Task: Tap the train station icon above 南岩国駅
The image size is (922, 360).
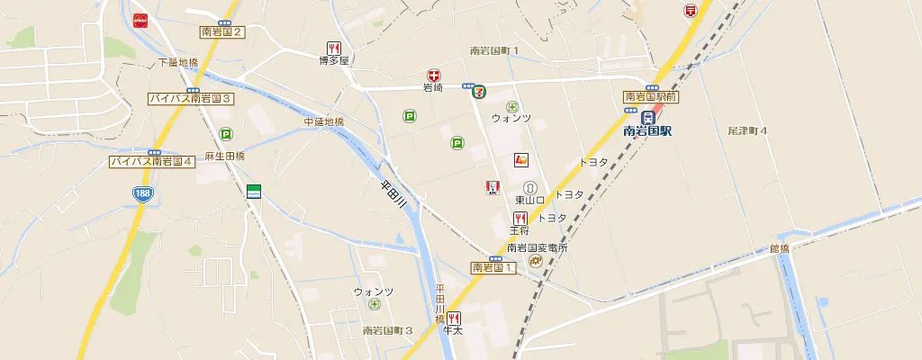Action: [647, 117]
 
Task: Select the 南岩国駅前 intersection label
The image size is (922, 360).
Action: [651, 96]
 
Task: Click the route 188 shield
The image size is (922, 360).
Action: [141, 193]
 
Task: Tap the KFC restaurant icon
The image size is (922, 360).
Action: [493, 186]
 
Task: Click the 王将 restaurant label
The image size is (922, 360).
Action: [520, 231]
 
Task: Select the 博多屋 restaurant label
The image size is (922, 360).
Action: [333, 61]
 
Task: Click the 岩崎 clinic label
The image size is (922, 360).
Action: [433, 88]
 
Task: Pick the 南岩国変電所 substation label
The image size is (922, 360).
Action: [537, 248]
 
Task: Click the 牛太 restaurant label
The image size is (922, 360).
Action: [452, 331]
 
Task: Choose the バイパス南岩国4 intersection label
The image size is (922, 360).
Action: [152, 162]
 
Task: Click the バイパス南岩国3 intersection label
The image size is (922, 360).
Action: [191, 98]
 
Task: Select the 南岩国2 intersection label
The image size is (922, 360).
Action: [222, 31]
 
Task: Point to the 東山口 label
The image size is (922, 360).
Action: [530, 200]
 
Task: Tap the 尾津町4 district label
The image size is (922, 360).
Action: [747, 131]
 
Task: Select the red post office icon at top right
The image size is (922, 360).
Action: [691, 11]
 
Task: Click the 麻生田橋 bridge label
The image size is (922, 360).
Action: [225, 157]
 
